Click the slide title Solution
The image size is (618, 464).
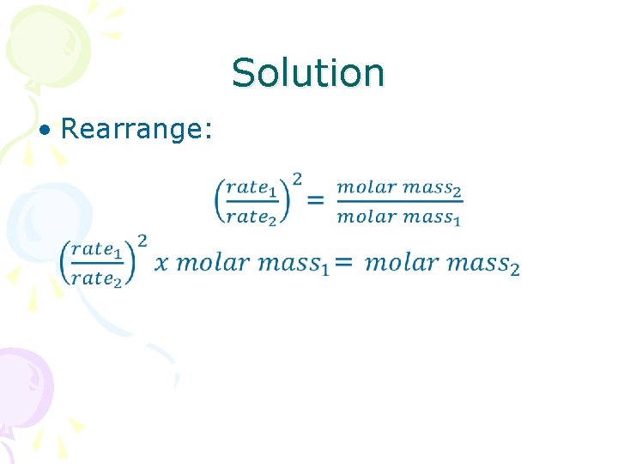tap(308, 73)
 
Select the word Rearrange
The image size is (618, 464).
tap(136, 129)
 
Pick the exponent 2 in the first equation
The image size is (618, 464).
tap(297, 179)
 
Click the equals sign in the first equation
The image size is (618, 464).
tap(316, 200)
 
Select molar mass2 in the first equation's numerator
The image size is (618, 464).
tap(399, 186)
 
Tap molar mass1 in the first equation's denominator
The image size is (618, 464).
tap(399, 217)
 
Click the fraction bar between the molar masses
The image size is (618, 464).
tap(399, 202)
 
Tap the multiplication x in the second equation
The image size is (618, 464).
tap(161, 263)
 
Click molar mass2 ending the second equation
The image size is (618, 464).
tap(442, 263)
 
